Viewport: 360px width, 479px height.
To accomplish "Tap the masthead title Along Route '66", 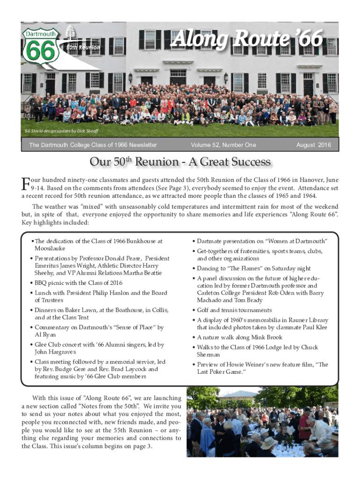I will (247, 40).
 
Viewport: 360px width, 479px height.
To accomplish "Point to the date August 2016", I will (314, 145).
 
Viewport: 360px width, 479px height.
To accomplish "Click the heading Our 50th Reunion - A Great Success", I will (180, 162).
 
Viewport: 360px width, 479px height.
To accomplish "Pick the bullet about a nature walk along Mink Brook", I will (240, 337).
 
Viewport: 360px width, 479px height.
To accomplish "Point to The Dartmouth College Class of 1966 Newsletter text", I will (93, 145).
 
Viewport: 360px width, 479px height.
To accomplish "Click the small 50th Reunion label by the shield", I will (83, 48).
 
